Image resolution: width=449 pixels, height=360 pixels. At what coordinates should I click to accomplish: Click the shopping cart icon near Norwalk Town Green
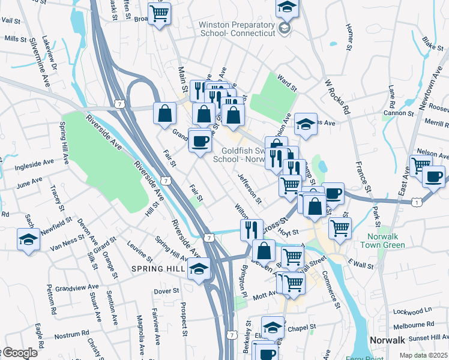(340, 228)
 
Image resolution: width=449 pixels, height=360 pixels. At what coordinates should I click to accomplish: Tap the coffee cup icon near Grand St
(200, 142)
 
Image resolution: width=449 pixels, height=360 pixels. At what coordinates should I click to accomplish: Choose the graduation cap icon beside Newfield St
(28, 239)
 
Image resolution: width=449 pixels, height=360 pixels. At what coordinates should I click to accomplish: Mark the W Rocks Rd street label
(337, 97)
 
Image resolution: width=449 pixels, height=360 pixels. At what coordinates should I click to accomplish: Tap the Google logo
(19, 353)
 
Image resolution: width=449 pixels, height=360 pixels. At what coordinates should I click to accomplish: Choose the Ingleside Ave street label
(39, 161)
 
